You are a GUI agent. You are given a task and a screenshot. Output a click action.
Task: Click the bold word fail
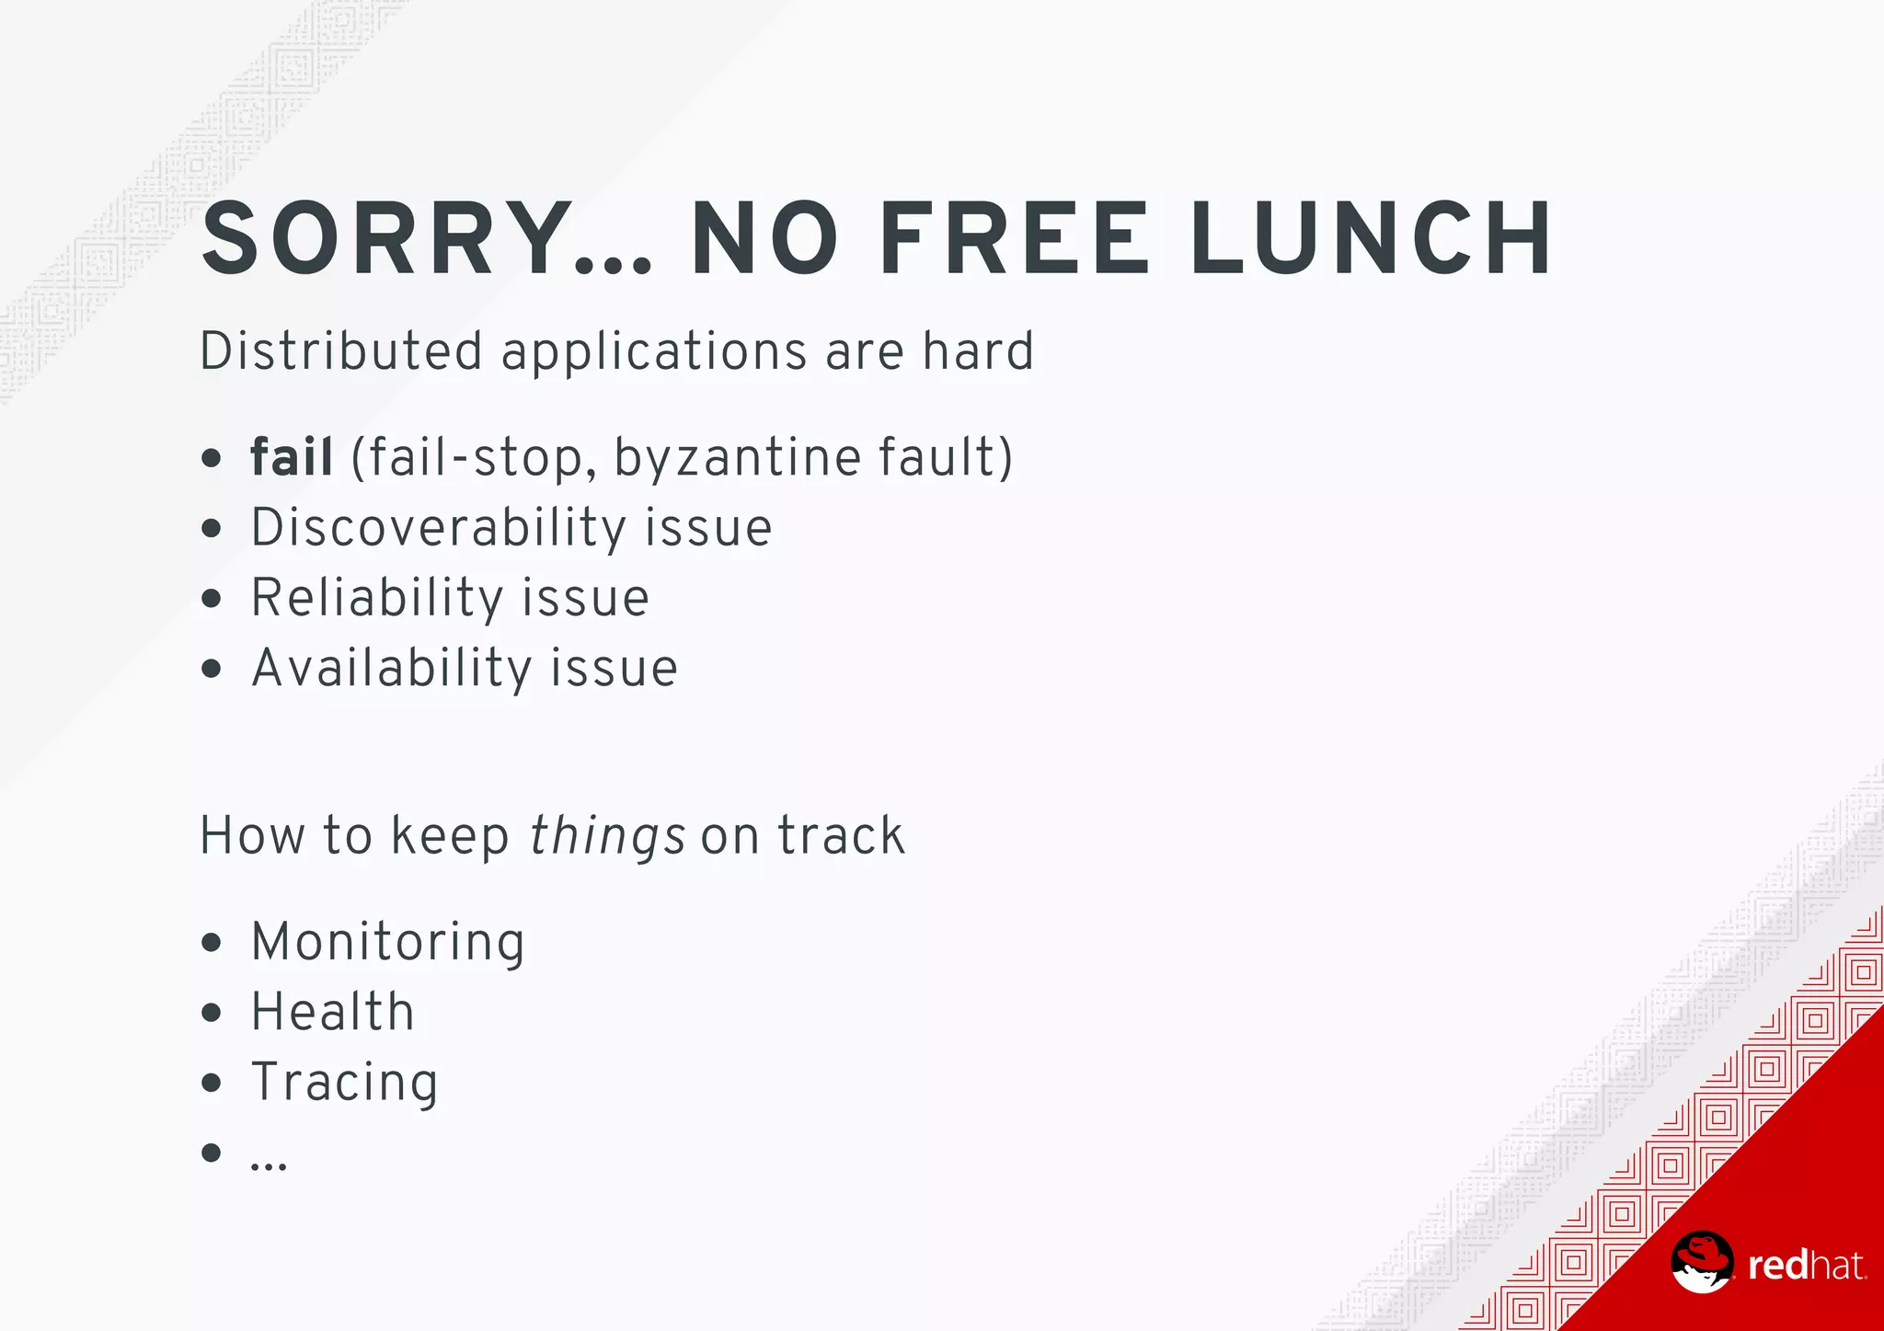pyautogui.click(x=292, y=457)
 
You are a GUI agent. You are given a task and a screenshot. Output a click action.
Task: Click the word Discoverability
pyautogui.click(x=439, y=528)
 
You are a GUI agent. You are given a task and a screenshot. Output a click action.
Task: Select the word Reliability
pyautogui.click(x=377, y=598)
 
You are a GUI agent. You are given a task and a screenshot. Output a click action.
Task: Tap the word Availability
pyautogui.click(x=391, y=668)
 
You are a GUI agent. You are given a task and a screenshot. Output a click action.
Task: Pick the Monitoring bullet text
pyautogui.click(x=388, y=942)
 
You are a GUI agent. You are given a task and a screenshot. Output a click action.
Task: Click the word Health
pyautogui.click(x=333, y=1012)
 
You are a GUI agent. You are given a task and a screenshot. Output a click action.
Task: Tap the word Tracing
pyautogui.click(x=345, y=1083)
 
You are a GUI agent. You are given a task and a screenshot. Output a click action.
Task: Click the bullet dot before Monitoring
pyautogui.click(x=212, y=942)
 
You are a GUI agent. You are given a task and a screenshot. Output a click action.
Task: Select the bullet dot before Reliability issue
pyautogui.click(x=212, y=599)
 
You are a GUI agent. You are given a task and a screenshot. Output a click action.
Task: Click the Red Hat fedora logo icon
pyautogui.click(x=1702, y=1262)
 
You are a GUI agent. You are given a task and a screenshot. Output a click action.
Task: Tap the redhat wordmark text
pyautogui.click(x=1806, y=1267)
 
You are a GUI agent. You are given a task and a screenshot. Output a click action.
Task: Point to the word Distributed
pyautogui.click(x=341, y=351)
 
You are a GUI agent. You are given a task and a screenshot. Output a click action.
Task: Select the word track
pyautogui.click(x=841, y=836)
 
